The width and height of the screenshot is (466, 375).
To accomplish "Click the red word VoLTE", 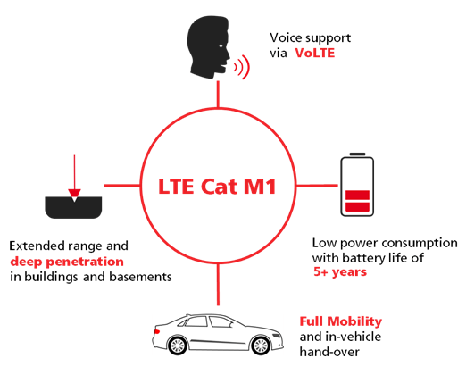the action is click(315, 53).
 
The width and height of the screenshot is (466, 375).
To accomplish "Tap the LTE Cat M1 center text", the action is click(217, 187).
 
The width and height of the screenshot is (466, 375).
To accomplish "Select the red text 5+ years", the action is click(340, 272).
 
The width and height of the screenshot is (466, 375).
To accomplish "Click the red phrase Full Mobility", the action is click(340, 321).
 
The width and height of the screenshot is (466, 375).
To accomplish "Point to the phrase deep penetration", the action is click(67, 262).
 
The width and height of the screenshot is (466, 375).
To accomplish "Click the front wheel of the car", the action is click(261, 346).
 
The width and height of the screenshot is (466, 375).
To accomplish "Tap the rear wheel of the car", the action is click(178, 346).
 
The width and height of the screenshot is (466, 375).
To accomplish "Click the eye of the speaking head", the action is click(221, 46).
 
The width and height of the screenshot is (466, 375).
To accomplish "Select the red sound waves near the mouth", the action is click(242, 67).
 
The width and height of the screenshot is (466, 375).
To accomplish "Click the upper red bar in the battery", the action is click(357, 196).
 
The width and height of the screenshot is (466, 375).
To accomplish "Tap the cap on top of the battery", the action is click(357, 154).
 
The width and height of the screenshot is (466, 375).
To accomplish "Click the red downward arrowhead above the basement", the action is click(74, 194).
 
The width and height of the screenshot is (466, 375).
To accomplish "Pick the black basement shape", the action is click(73, 208).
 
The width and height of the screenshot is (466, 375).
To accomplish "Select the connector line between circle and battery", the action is click(317, 186).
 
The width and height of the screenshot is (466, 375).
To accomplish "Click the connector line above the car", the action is click(218, 285).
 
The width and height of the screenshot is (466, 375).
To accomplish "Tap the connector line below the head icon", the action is click(218, 94).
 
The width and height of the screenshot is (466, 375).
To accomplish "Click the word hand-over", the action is click(329, 352).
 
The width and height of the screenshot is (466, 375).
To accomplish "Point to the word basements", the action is click(141, 277).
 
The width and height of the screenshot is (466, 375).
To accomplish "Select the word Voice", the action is click(286, 37).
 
